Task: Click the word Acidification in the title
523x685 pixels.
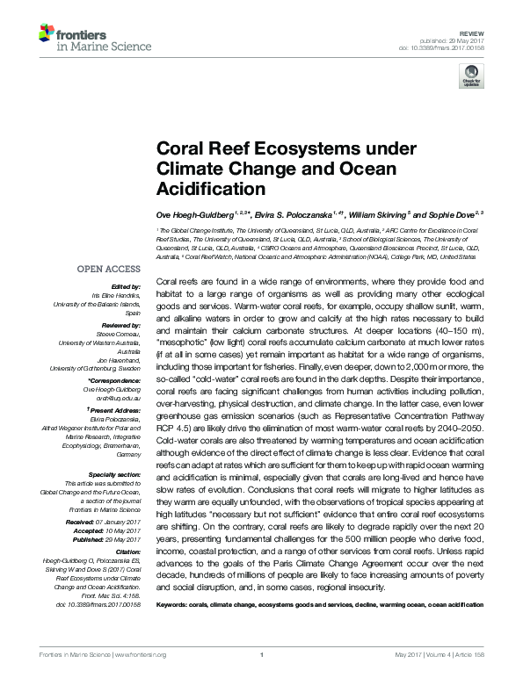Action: [210, 189]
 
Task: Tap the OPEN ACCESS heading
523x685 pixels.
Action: [110, 268]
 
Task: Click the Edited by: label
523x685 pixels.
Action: [127, 286]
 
